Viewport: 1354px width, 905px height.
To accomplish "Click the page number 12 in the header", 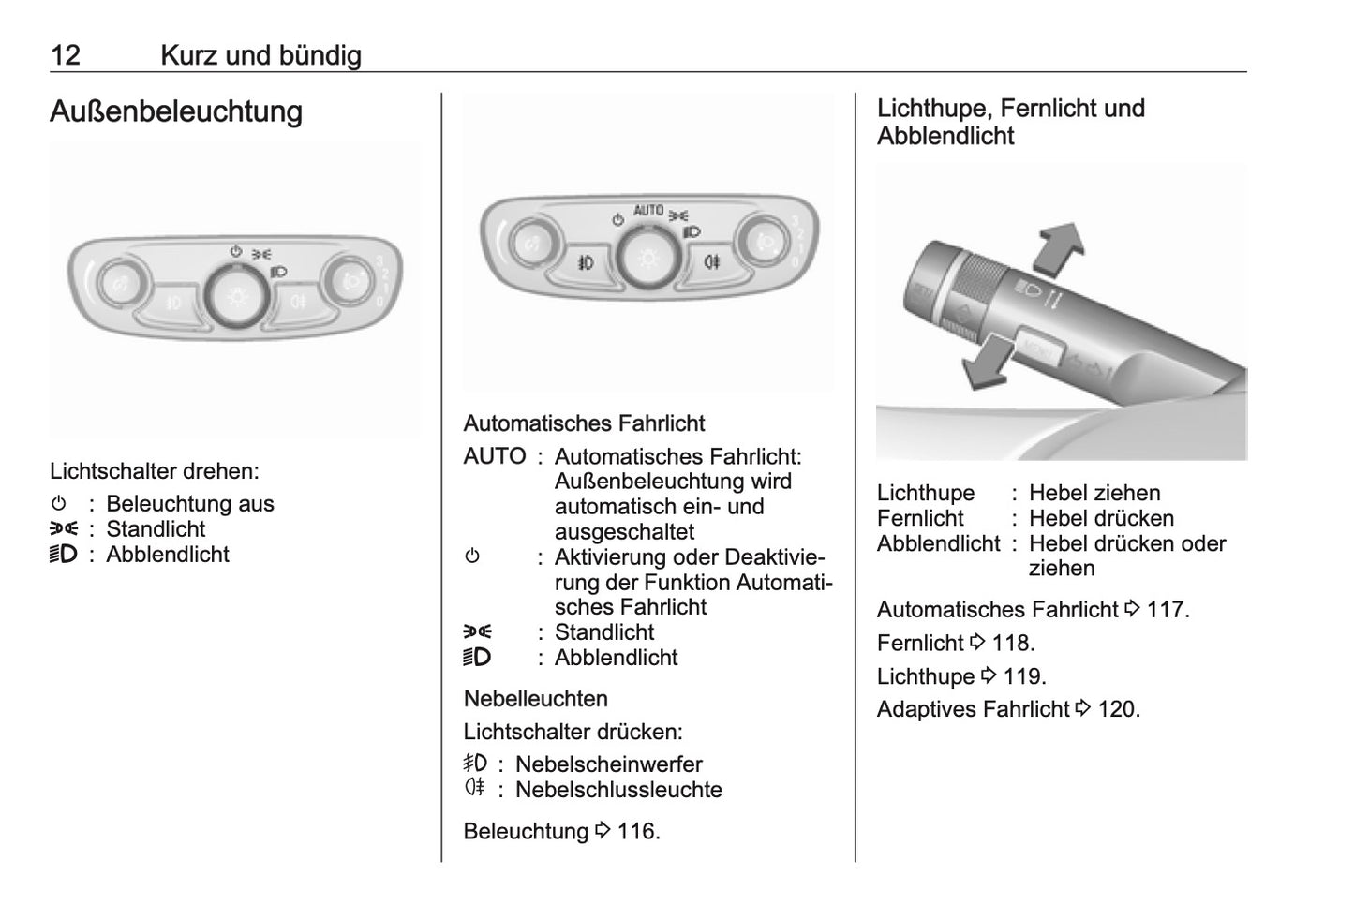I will point(66,55).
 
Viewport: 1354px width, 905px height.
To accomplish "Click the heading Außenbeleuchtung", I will point(176,111).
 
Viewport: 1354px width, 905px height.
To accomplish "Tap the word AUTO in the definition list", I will point(494,456).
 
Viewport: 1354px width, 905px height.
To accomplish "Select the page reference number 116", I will point(638,831).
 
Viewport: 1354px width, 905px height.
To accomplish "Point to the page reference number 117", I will point(1168,609).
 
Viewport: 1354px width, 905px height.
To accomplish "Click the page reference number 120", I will point(1118,709).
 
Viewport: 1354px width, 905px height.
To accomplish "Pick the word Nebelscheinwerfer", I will point(608,764).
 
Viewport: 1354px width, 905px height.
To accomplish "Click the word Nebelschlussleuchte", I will point(618,790).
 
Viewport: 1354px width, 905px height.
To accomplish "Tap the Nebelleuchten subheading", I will point(535,698).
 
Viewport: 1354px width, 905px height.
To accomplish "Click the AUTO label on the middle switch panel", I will point(647,211).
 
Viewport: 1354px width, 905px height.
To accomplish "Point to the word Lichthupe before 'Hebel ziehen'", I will point(925,493).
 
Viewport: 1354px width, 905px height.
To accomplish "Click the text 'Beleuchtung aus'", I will point(189,504).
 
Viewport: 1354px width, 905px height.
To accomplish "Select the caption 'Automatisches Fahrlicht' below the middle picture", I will point(584,423).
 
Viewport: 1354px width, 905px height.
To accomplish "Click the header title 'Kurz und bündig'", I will point(260,55).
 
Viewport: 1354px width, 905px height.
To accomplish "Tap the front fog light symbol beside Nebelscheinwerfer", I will point(475,764).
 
